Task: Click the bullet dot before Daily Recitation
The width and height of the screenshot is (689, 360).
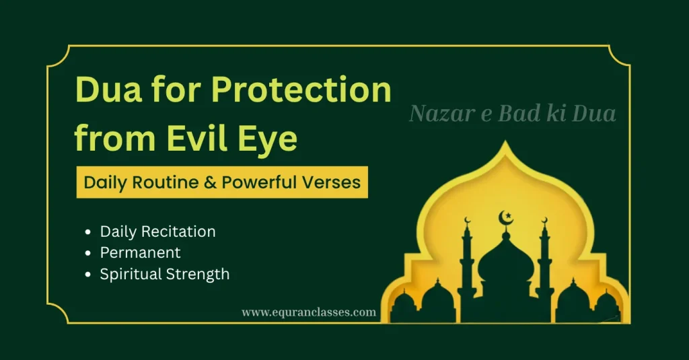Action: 88,232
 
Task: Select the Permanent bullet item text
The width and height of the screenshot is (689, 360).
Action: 140,253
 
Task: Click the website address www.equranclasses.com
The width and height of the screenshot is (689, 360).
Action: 309,312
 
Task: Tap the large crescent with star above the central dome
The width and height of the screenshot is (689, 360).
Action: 505,219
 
